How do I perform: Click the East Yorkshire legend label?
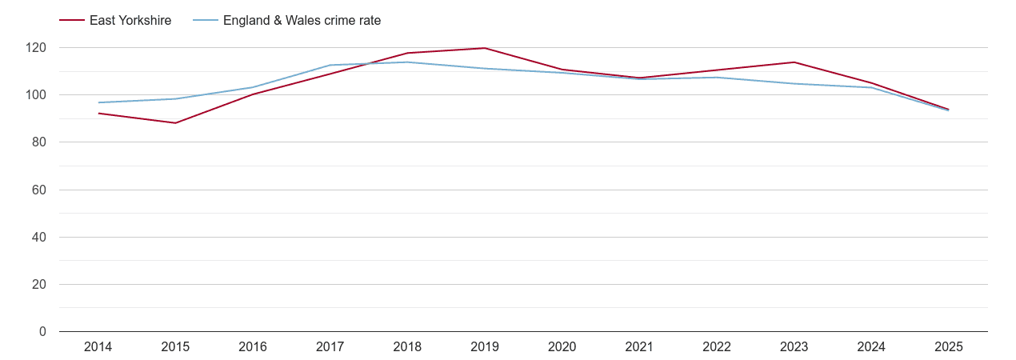[x=130, y=21]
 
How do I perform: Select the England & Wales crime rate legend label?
[x=302, y=21]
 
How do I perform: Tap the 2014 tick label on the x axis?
[x=98, y=346]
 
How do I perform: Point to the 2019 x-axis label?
[x=485, y=346]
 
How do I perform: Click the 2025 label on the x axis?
[x=949, y=346]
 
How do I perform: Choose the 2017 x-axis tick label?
[x=330, y=346]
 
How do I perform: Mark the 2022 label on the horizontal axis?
[x=717, y=346]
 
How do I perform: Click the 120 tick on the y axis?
[x=36, y=48]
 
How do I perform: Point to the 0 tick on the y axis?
[x=42, y=332]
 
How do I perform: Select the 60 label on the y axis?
[x=39, y=190]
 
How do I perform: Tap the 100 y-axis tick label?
[x=36, y=95]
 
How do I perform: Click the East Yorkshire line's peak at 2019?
[x=485, y=48]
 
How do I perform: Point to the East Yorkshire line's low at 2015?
[x=175, y=122]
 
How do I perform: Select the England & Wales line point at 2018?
[x=407, y=62]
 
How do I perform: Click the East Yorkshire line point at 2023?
[x=794, y=62]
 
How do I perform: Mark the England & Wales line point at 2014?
[x=98, y=102]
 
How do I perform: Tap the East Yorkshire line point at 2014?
[x=98, y=113]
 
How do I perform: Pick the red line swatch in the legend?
[x=72, y=21]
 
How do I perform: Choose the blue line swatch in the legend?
[x=205, y=21]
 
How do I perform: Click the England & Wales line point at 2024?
[x=871, y=87]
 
